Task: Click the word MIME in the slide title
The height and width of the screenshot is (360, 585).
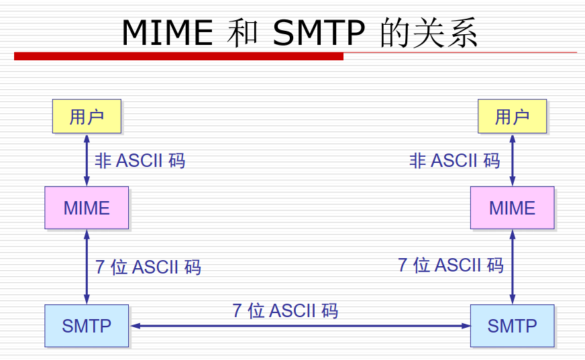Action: tap(168, 32)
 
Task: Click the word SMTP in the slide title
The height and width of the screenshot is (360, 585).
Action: tap(319, 32)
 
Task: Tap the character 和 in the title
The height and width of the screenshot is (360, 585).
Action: tap(243, 33)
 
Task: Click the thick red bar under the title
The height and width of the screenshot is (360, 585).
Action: tap(178, 56)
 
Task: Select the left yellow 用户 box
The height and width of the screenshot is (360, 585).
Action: tap(87, 117)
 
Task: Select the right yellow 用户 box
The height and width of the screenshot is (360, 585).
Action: tap(512, 117)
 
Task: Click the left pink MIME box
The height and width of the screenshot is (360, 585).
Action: tap(87, 208)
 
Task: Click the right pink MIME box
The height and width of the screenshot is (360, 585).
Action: tap(512, 208)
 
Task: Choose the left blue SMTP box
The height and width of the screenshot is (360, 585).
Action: tap(87, 326)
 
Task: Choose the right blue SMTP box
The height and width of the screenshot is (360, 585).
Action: tap(512, 326)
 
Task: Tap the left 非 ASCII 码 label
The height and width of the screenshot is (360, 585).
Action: tap(140, 161)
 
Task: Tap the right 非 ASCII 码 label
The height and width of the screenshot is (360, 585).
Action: tap(454, 161)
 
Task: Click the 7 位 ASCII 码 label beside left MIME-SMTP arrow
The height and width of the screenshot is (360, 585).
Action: tap(148, 267)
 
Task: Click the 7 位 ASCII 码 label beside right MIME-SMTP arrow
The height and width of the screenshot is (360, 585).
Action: tap(450, 265)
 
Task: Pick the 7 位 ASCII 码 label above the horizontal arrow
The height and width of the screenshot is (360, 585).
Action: tap(285, 310)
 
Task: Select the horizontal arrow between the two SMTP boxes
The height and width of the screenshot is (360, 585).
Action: tap(300, 326)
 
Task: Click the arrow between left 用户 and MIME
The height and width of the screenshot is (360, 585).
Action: tap(87, 160)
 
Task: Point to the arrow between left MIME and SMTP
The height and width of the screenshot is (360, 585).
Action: tap(87, 267)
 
